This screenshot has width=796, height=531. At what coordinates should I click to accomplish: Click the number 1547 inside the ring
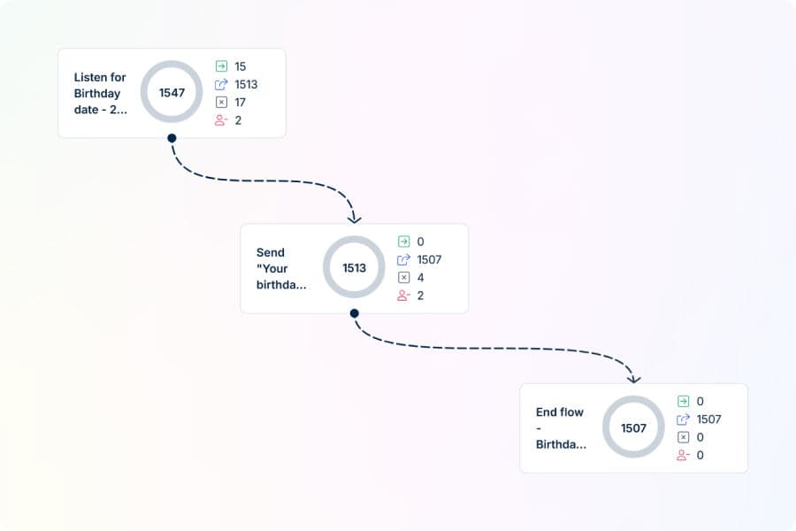pyautogui.click(x=172, y=92)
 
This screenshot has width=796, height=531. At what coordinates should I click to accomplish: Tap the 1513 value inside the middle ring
pyautogui.click(x=354, y=268)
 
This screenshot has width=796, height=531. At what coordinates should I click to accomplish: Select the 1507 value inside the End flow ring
pyautogui.click(x=633, y=427)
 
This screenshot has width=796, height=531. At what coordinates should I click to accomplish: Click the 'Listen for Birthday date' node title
pyautogui.click(x=100, y=94)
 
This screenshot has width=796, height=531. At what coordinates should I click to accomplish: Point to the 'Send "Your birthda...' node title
pyautogui.click(x=281, y=268)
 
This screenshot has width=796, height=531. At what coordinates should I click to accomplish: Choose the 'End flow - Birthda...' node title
pyautogui.click(x=561, y=427)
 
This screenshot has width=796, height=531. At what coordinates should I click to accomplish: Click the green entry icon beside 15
pyautogui.click(x=221, y=66)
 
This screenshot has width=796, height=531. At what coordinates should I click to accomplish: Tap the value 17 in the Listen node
pyautogui.click(x=240, y=102)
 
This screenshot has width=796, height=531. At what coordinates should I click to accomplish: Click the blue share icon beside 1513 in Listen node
pyautogui.click(x=221, y=84)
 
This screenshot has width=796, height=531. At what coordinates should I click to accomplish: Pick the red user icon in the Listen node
pyautogui.click(x=221, y=120)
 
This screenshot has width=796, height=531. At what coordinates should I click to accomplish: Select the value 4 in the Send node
pyautogui.click(x=420, y=277)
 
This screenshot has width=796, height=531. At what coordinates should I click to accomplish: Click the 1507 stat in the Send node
pyautogui.click(x=429, y=259)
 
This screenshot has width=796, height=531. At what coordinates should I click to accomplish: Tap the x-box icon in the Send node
pyautogui.click(x=403, y=277)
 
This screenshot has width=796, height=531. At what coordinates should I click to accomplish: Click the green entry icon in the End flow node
pyautogui.click(x=684, y=402)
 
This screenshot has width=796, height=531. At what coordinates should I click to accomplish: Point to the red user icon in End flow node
pyautogui.click(x=683, y=455)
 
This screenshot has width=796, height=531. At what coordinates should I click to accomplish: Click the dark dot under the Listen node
pyautogui.click(x=172, y=138)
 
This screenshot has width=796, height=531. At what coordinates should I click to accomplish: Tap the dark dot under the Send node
pyautogui.click(x=355, y=313)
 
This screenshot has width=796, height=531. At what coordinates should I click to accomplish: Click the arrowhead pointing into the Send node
pyautogui.click(x=355, y=219)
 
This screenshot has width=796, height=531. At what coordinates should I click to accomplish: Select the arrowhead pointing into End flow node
pyautogui.click(x=633, y=379)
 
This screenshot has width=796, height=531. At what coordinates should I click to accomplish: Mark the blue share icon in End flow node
pyautogui.click(x=684, y=419)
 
